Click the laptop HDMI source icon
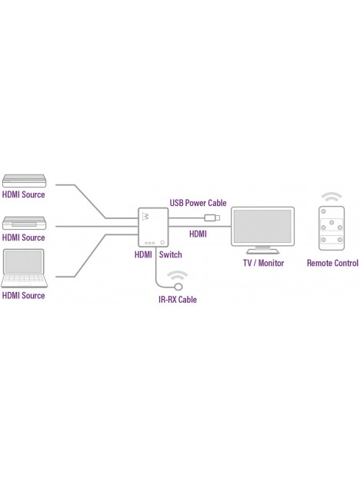pos(24,268)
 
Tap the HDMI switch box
pos(153,227)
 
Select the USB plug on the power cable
pos(212,217)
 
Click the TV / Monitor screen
pos(262,226)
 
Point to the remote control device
pos(332,228)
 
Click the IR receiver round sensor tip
pos(178,287)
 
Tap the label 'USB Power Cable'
pos(198,203)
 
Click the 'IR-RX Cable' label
pos(178,300)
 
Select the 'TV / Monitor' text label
pos(263,263)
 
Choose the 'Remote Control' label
pos(332,263)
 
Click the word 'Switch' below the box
pos(170,254)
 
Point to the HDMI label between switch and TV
pos(198,234)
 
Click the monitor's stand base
pos(262,251)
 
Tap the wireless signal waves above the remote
pos(332,197)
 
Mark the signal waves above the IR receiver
pos(177,275)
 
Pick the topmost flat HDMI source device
pos(24,181)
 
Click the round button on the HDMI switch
pos(162,243)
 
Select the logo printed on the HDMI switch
pos(146,217)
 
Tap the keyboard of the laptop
pos(24,278)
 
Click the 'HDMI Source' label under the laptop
pos(24,295)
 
